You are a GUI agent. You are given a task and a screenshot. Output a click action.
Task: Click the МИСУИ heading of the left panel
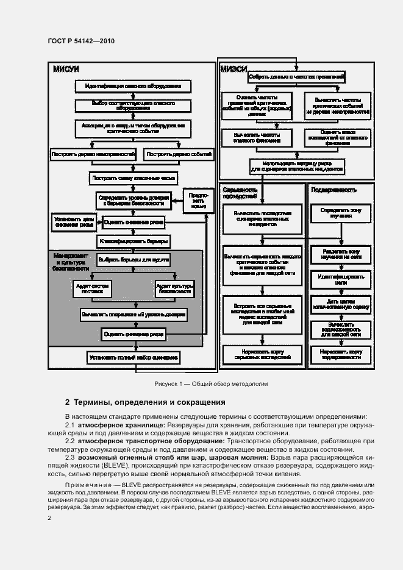point(66,69)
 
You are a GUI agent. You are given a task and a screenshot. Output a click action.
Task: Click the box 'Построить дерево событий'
point(179,155)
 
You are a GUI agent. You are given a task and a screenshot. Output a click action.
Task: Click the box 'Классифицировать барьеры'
point(133,242)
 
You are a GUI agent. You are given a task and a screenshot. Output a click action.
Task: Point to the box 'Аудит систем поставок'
point(92,288)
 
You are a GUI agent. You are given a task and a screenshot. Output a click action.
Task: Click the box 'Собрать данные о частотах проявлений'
point(296,77)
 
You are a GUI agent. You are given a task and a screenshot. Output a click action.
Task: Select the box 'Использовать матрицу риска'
point(296,166)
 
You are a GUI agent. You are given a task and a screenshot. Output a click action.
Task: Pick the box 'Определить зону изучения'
point(337,213)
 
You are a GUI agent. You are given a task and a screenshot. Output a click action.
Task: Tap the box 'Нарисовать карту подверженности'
point(337,355)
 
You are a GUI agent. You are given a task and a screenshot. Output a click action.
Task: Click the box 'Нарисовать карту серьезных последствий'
point(262,355)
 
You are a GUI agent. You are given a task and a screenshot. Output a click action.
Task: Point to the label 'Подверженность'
point(334,190)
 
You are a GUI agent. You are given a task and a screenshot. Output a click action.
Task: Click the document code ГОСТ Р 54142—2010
point(81,41)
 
